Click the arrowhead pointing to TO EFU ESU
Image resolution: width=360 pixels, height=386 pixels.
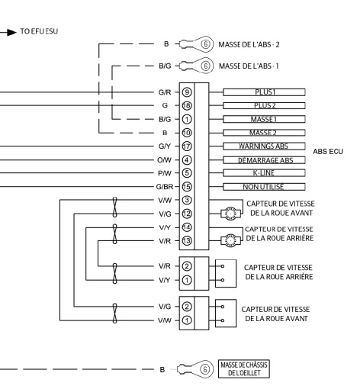click(x=12, y=32)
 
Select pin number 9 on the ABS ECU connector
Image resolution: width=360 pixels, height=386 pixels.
click(x=187, y=92)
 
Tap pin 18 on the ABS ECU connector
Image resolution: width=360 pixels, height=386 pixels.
click(x=187, y=105)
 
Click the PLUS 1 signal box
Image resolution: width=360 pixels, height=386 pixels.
click(x=264, y=92)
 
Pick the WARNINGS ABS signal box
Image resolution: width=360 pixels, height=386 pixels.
click(x=264, y=146)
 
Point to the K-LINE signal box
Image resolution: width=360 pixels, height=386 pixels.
click(x=264, y=173)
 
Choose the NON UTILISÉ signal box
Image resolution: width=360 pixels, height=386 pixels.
click(x=264, y=187)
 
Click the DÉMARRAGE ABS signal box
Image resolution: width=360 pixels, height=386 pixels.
click(x=264, y=160)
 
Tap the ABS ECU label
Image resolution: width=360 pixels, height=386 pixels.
click(x=328, y=152)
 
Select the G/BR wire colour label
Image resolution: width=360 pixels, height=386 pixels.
click(x=165, y=187)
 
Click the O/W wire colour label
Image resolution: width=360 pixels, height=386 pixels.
click(x=164, y=160)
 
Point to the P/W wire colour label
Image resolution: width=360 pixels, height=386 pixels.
click(x=165, y=173)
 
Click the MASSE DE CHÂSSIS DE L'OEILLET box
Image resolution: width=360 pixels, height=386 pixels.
click(x=244, y=368)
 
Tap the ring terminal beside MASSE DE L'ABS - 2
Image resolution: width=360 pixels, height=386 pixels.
click(x=196, y=44)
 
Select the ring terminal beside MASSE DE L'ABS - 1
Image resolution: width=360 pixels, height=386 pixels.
click(x=196, y=66)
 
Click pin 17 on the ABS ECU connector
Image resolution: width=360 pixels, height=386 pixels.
click(x=187, y=146)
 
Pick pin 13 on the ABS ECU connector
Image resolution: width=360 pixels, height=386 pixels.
click(x=187, y=240)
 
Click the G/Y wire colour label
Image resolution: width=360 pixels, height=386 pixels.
click(x=165, y=146)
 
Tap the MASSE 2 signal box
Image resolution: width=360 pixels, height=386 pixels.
click(x=264, y=133)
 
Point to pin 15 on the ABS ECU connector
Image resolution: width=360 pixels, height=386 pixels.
click(x=187, y=187)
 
